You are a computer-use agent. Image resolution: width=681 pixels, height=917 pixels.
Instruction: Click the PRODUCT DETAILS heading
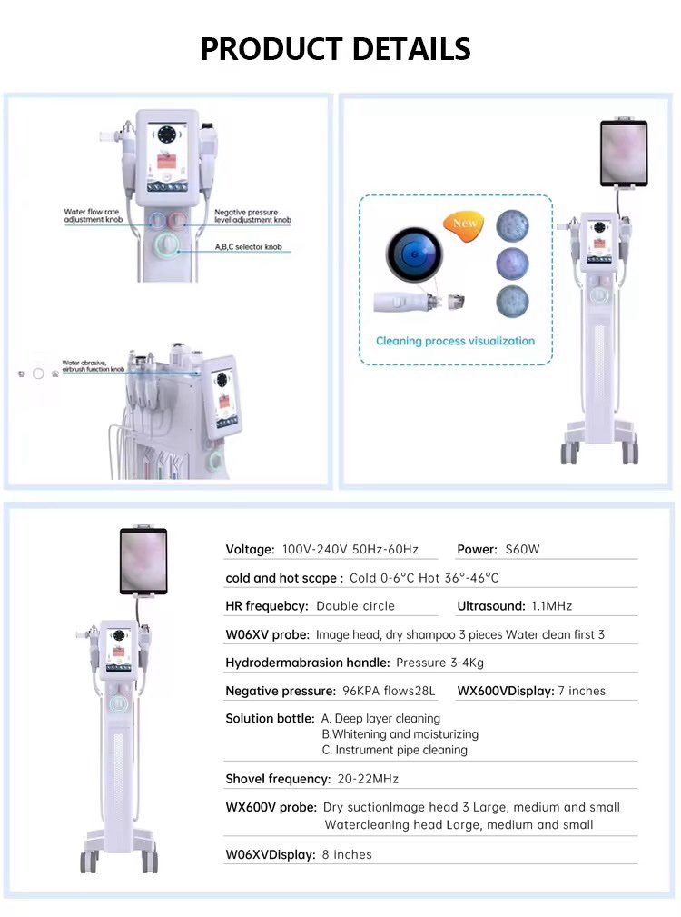(x=335, y=48)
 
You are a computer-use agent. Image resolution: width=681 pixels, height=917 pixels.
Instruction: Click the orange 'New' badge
(x=466, y=224)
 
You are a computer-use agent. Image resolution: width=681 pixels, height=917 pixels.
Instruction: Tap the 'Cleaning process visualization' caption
(x=455, y=341)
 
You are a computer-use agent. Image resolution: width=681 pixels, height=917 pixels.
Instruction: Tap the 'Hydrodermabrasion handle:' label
(x=308, y=663)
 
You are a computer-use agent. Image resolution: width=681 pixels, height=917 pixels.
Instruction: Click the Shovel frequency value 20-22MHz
(x=368, y=779)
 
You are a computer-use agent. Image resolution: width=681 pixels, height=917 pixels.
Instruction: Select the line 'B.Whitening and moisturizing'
(x=400, y=733)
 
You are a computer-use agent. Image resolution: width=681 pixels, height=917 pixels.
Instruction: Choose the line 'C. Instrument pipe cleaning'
(x=394, y=750)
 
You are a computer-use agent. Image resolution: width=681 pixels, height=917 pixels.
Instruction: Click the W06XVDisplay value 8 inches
(x=347, y=854)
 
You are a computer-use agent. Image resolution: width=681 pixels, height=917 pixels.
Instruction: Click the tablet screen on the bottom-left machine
(x=143, y=560)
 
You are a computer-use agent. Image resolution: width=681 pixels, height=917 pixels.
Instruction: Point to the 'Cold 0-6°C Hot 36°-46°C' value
(x=424, y=578)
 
